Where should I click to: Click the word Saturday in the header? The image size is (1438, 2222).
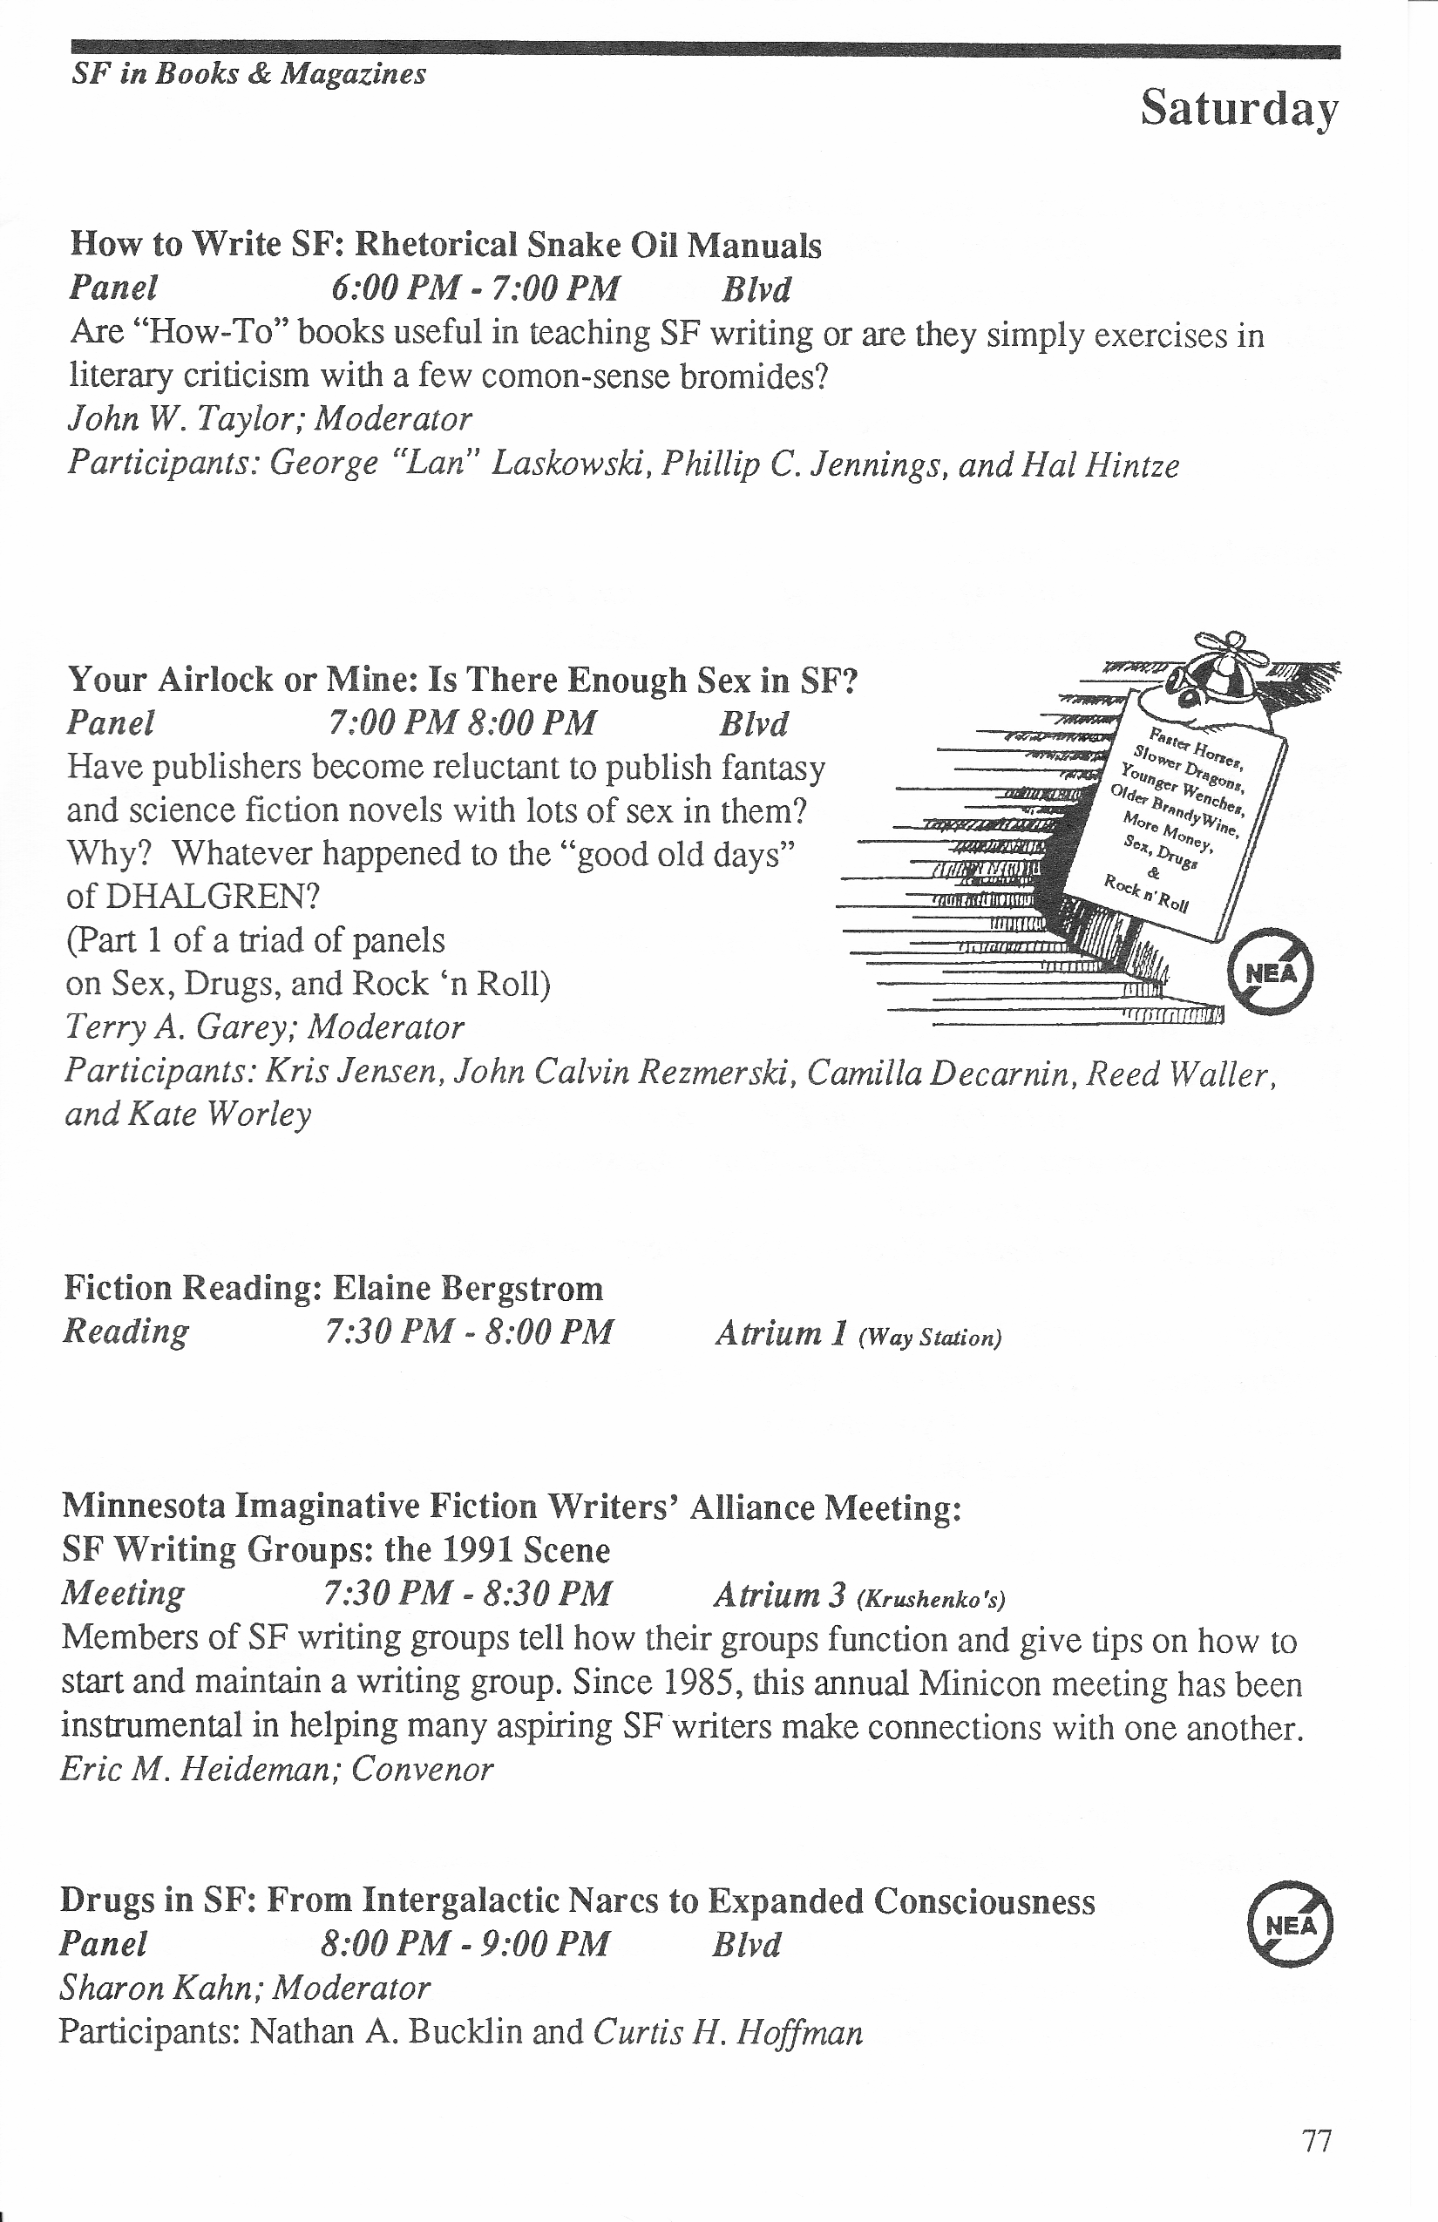tap(1239, 108)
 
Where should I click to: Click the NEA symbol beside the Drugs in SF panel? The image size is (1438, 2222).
tap(1291, 1924)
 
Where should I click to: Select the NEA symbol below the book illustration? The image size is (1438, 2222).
tap(1270, 972)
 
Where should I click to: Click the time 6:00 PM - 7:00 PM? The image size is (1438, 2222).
tap(475, 288)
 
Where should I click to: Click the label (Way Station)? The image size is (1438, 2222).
tap(929, 1338)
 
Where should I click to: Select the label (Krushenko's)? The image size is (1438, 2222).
tap(931, 1599)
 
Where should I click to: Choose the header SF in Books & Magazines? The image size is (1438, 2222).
tap(248, 74)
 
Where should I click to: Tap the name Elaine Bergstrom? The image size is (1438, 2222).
tap(467, 1288)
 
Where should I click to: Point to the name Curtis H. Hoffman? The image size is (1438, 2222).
tap(728, 2031)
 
